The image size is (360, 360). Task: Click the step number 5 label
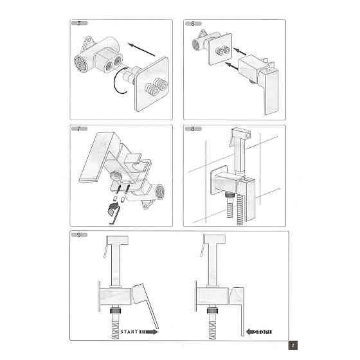[78, 24]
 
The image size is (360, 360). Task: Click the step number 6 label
[192, 24]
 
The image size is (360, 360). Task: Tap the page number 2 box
[292, 345]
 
